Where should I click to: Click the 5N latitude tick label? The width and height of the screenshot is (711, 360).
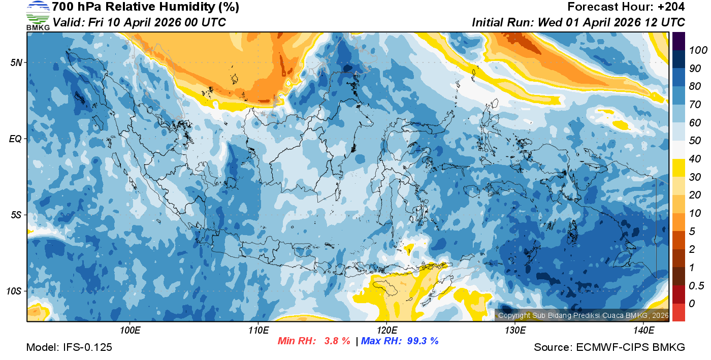click(x=16, y=62)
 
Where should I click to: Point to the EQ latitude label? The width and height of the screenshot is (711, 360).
click(x=16, y=139)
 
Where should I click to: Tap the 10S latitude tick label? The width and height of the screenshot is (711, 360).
click(x=15, y=291)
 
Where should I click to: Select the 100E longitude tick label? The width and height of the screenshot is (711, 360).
click(x=131, y=331)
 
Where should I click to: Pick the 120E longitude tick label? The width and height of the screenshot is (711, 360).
click(x=386, y=331)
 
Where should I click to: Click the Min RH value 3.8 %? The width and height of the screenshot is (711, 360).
click(x=337, y=341)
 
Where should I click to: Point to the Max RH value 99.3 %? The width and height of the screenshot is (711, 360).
click(x=423, y=341)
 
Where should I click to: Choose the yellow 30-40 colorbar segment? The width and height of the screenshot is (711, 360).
click(x=678, y=168)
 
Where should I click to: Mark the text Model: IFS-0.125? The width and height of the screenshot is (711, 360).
click(x=69, y=347)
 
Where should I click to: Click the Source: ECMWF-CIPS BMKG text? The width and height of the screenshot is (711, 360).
click(x=609, y=347)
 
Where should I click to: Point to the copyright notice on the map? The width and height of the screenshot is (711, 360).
click(x=583, y=315)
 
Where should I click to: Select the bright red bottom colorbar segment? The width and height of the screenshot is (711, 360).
click(x=678, y=312)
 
